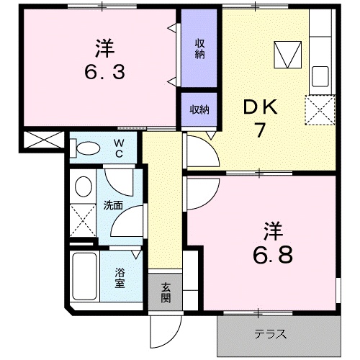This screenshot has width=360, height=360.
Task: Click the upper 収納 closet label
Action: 199,48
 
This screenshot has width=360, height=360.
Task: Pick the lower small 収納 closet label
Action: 199,109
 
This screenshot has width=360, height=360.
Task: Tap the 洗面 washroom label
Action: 112,206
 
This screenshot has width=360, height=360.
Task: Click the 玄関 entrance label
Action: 166,292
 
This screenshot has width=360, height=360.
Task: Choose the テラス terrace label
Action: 271,334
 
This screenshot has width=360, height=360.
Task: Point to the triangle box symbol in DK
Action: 287,54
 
